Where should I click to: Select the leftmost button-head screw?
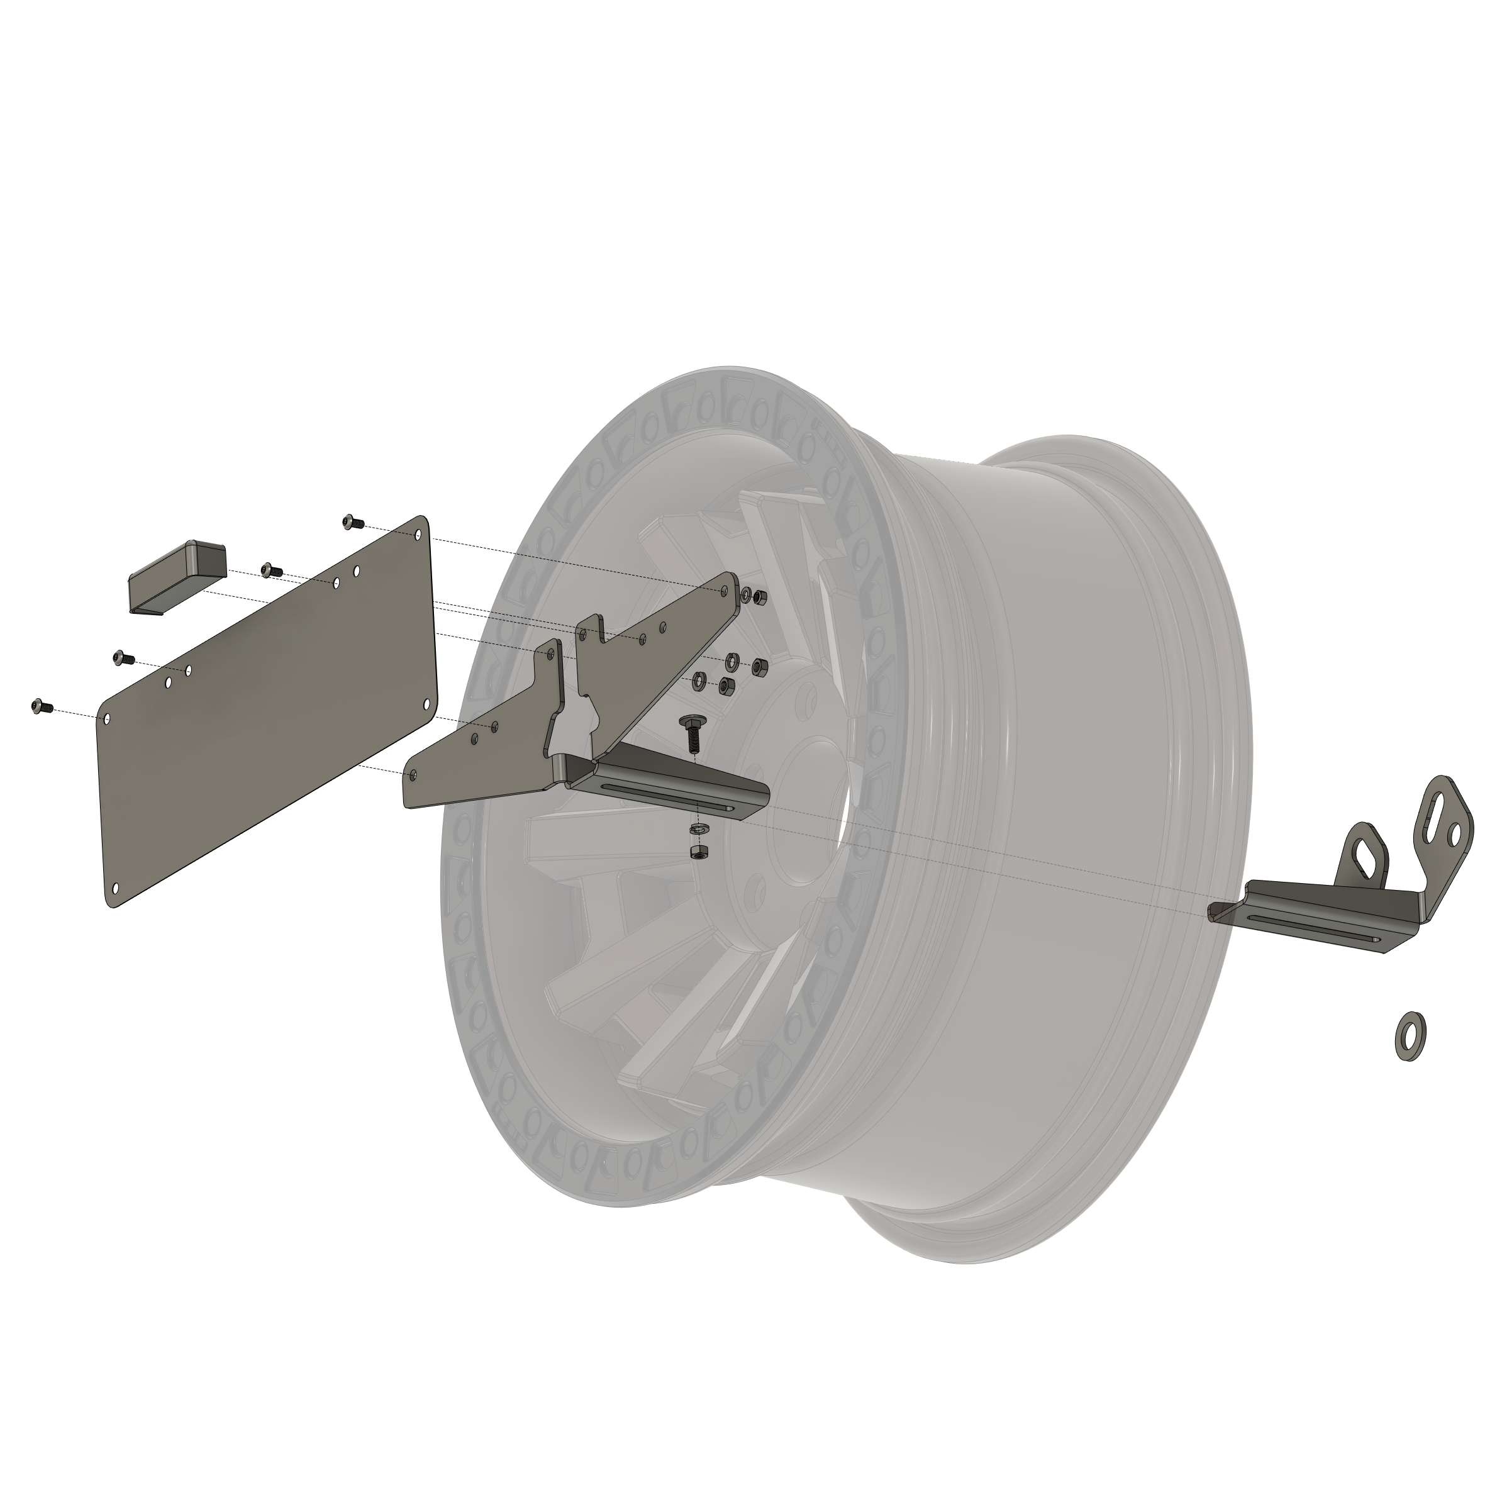(39, 706)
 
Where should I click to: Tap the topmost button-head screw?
(350, 522)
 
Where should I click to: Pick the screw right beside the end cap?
(270, 570)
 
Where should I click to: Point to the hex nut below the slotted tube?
(699, 853)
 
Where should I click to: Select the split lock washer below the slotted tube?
(699, 828)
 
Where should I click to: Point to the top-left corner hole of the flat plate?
(108, 720)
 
